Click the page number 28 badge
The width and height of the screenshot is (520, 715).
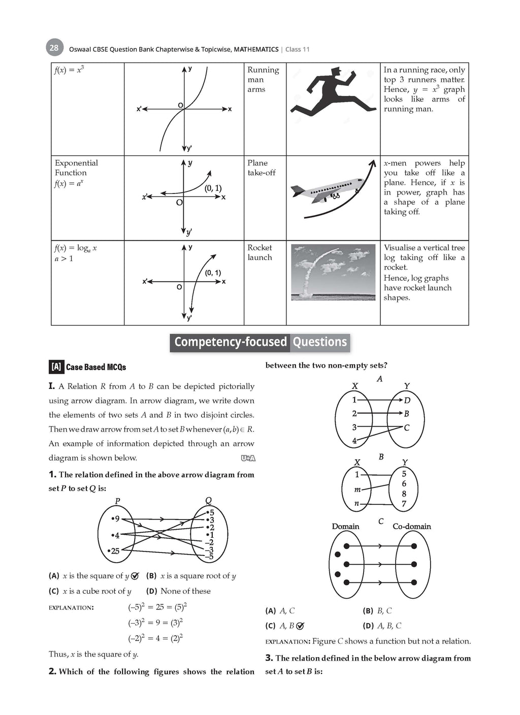[54, 48]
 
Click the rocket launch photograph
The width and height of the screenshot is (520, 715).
[333, 272]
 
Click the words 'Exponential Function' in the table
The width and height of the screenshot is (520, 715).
[76, 168]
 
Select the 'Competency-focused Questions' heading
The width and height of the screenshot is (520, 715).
[260, 342]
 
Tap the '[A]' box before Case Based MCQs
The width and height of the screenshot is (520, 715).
[56, 367]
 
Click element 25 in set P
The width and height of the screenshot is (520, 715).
[114, 551]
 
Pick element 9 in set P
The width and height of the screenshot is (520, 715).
[116, 518]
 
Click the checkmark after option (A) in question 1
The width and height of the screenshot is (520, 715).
[135, 576]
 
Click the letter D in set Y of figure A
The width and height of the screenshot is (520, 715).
[407, 400]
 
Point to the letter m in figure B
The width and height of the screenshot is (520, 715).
[357, 490]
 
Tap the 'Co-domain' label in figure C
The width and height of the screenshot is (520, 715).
[411, 527]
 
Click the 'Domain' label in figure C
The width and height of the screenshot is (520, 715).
[345, 527]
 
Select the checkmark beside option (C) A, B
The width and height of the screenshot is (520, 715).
[300, 626]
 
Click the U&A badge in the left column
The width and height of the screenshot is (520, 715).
[248, 459]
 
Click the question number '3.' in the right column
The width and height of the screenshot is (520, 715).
[269, 658]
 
